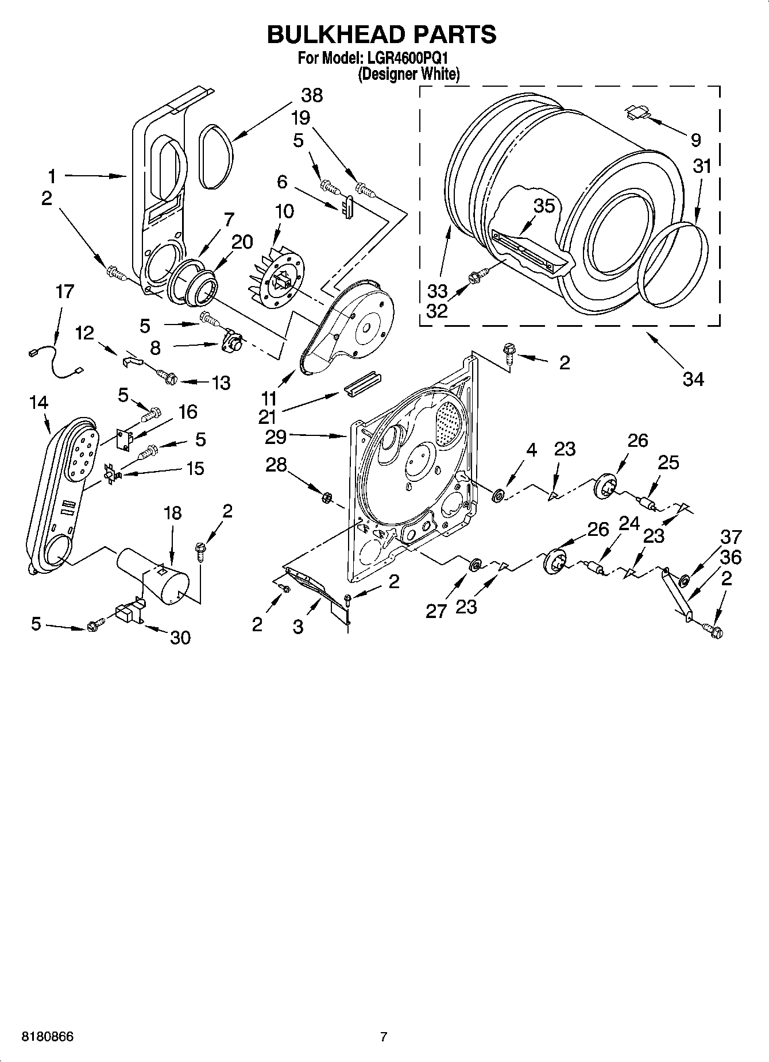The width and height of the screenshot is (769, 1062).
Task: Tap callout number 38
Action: click(312, 96)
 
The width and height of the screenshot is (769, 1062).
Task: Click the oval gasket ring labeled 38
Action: click(218, 156)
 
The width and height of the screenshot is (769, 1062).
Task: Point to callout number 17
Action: click(64, 292)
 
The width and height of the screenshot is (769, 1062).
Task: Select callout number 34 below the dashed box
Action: click(693, 379)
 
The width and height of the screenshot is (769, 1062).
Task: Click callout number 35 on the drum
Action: click(543, 206)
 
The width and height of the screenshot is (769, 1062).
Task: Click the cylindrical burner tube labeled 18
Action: click(154, 575)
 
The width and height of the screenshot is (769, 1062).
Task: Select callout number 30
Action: click(180, 638)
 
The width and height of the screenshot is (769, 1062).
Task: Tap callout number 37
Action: click(731, 537)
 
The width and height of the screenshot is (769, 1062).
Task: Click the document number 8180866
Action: click(47, 1037)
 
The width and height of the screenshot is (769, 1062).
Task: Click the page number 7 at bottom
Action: click(384, 1037)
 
